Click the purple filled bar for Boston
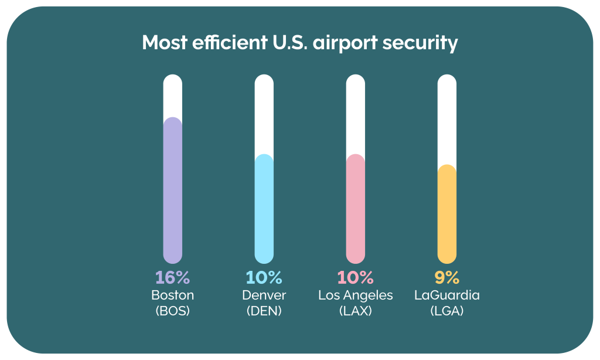[172, 191]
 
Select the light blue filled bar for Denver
[264, 208]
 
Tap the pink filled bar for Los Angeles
[356, 208]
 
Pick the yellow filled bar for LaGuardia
[447, 214]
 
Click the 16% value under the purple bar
[172, 277]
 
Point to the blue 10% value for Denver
[264, 277]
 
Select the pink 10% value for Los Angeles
[356, 277]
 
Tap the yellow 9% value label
[447, 277]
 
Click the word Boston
[172, 295]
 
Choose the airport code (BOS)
[172, 311]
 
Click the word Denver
[264, 295]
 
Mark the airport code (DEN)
[264, 311]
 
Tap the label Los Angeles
[356, 295]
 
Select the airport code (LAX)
[356, 311]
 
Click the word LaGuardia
[447, 295]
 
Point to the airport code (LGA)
[447, 311]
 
